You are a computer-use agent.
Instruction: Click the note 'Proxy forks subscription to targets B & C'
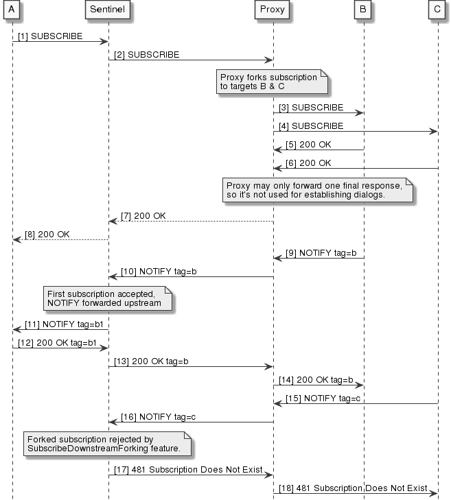click(x=272, y=83)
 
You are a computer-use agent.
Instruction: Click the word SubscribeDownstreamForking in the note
click(x=78, y=449)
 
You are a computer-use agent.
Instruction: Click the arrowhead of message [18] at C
click(x=434, y=492)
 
